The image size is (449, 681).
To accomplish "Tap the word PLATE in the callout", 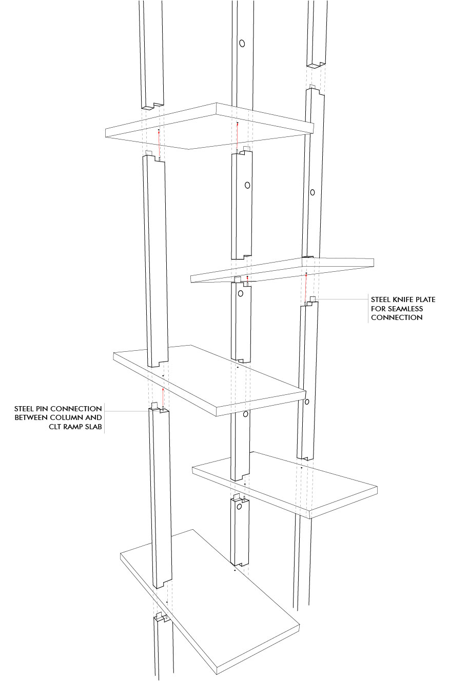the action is coord(425,299).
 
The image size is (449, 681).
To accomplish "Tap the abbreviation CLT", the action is coord(55,427).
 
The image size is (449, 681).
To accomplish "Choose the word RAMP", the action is coord(73,427).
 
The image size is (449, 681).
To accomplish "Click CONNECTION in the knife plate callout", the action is coord(397,317).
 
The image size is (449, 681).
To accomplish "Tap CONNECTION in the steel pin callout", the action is coord(74,409).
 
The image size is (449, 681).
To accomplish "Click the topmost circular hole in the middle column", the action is coord(242,43).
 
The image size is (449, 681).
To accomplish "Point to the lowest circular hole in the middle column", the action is coord(239,507).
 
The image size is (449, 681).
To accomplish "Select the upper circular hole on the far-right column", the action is coord(312,192).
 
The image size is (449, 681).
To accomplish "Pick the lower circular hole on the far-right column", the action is coord(307,402).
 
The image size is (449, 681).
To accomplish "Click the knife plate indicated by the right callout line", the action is coord(313,299).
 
